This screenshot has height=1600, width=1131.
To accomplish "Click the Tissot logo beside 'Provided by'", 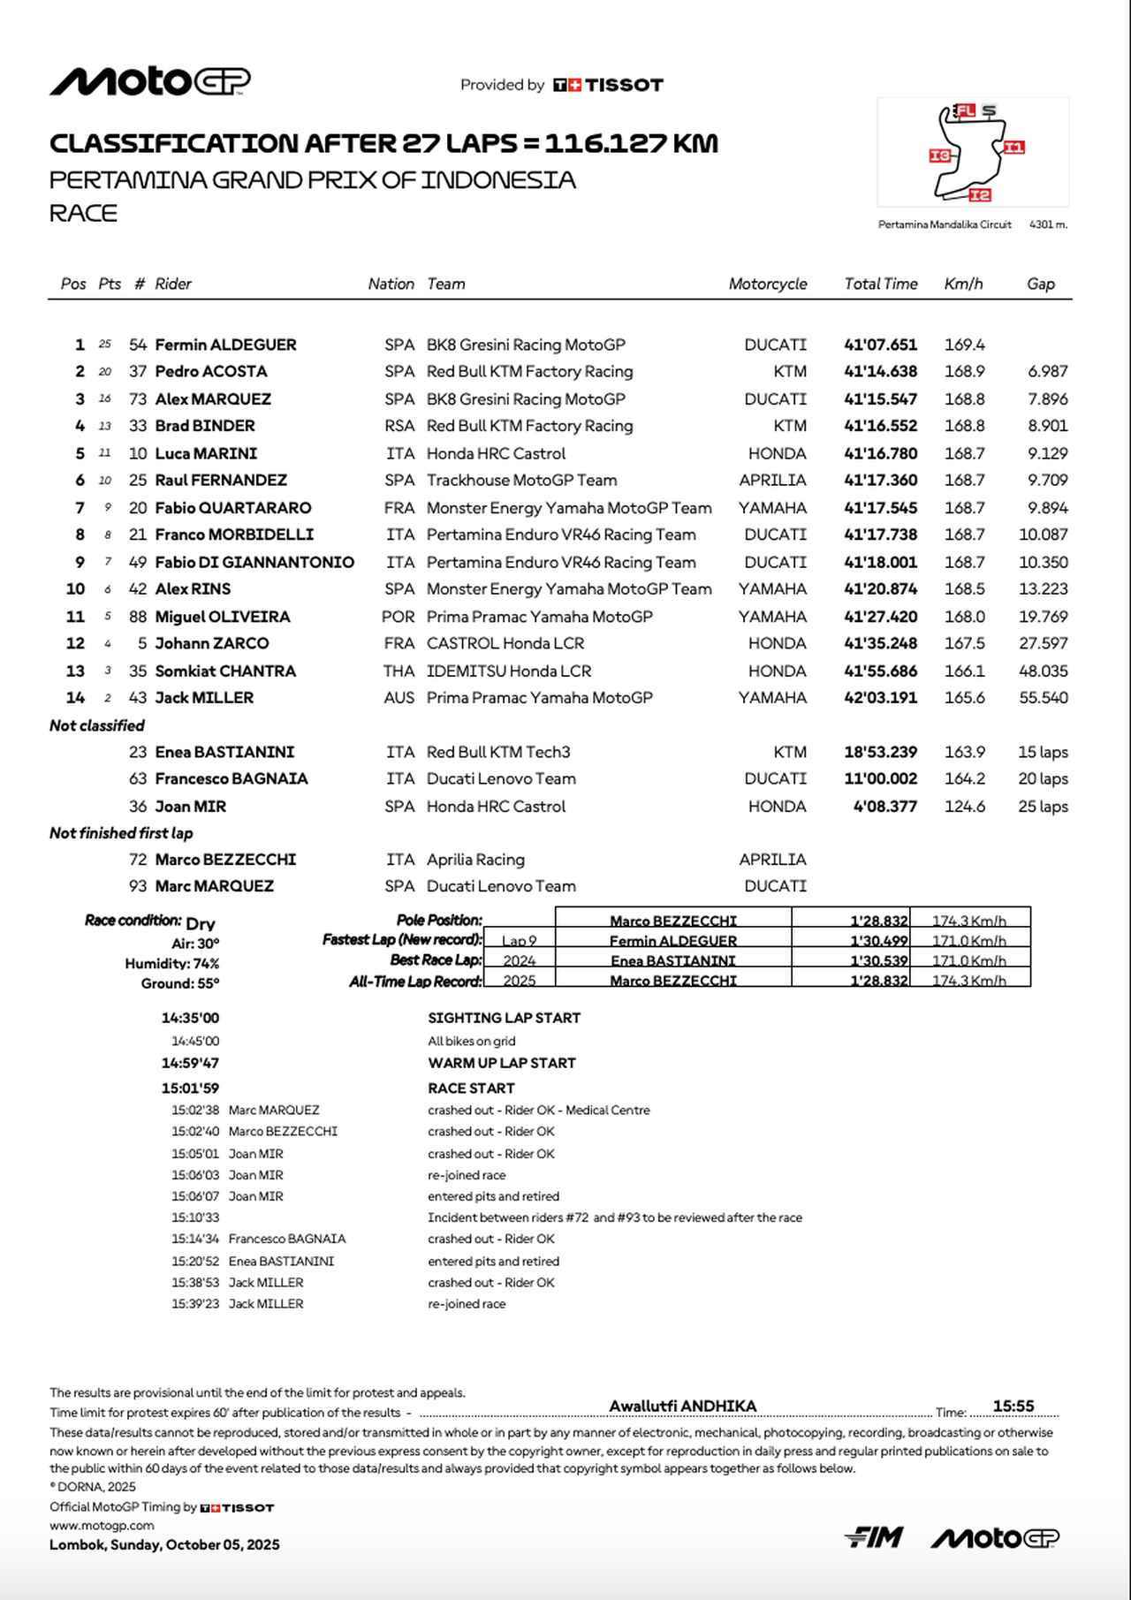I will click(608, 85).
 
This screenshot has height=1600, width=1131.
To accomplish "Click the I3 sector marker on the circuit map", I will click(940, 156).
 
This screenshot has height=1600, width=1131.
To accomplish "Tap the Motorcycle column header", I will click(767, 284).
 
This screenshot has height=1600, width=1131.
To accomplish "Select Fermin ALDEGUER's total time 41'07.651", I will click(880, 345).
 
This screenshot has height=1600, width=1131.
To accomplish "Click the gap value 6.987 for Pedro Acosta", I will click(1047, 371).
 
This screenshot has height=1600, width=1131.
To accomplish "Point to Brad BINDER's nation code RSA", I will click(399, 426).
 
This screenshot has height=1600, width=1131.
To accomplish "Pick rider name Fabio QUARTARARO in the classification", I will click(233, 508).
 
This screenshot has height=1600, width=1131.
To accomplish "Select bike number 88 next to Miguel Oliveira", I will click(138, 617).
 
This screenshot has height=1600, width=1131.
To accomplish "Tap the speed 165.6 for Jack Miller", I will click(964, 697).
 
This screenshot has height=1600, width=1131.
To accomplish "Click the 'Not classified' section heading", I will click(97, 725).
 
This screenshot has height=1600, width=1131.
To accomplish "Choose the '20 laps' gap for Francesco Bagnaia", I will click(1043, 778).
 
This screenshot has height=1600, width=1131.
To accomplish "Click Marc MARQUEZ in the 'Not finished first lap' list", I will click(215, 885).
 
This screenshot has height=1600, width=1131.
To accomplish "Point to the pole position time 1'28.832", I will click(878, 921).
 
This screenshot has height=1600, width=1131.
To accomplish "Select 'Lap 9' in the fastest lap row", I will click(520, 941).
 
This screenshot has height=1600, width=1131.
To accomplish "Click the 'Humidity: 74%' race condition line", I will click(172, 963).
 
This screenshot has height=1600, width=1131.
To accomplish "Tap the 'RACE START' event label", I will click(471, 1088).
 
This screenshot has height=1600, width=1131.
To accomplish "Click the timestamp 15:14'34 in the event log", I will click(195, 1239).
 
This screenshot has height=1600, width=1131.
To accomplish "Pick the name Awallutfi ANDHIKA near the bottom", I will click(682, 1406).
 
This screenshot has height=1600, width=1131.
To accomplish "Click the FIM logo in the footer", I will click(873, 1538).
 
